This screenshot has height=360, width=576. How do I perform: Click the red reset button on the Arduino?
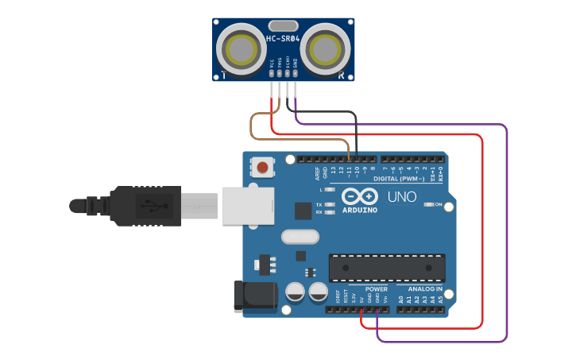pyautogui.click(x=262, y=168)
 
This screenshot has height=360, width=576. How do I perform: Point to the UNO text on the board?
pyautogui.click(x=401, y=196)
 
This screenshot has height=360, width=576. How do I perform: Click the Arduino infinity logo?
pyautogui.click(x=360, y=196)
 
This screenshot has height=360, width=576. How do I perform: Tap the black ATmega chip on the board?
pyautogui.click(x=387, y=268)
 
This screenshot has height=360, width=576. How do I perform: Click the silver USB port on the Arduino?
pyautogui.click(x=247, y=206)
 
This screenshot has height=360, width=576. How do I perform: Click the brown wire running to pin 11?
pyautogui.click(x=252, y=127)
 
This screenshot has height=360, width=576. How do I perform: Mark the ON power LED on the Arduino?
pyautogui.click(x=429, y=204)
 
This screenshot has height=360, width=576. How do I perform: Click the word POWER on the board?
pyautogui.click(x=376, y=288)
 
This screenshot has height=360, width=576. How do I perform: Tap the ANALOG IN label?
pyautogui.click(x=425, y=288)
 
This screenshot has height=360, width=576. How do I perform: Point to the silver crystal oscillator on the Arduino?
pyautogui.click(x=300, y=236)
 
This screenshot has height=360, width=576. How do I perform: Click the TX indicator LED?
pyautogui.click(x=330, y=204)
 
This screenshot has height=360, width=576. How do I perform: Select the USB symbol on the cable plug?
pyautogui.click(x=148, y=206)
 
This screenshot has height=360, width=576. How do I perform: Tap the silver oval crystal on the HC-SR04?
pyautogui.click(x=283, y=25)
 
